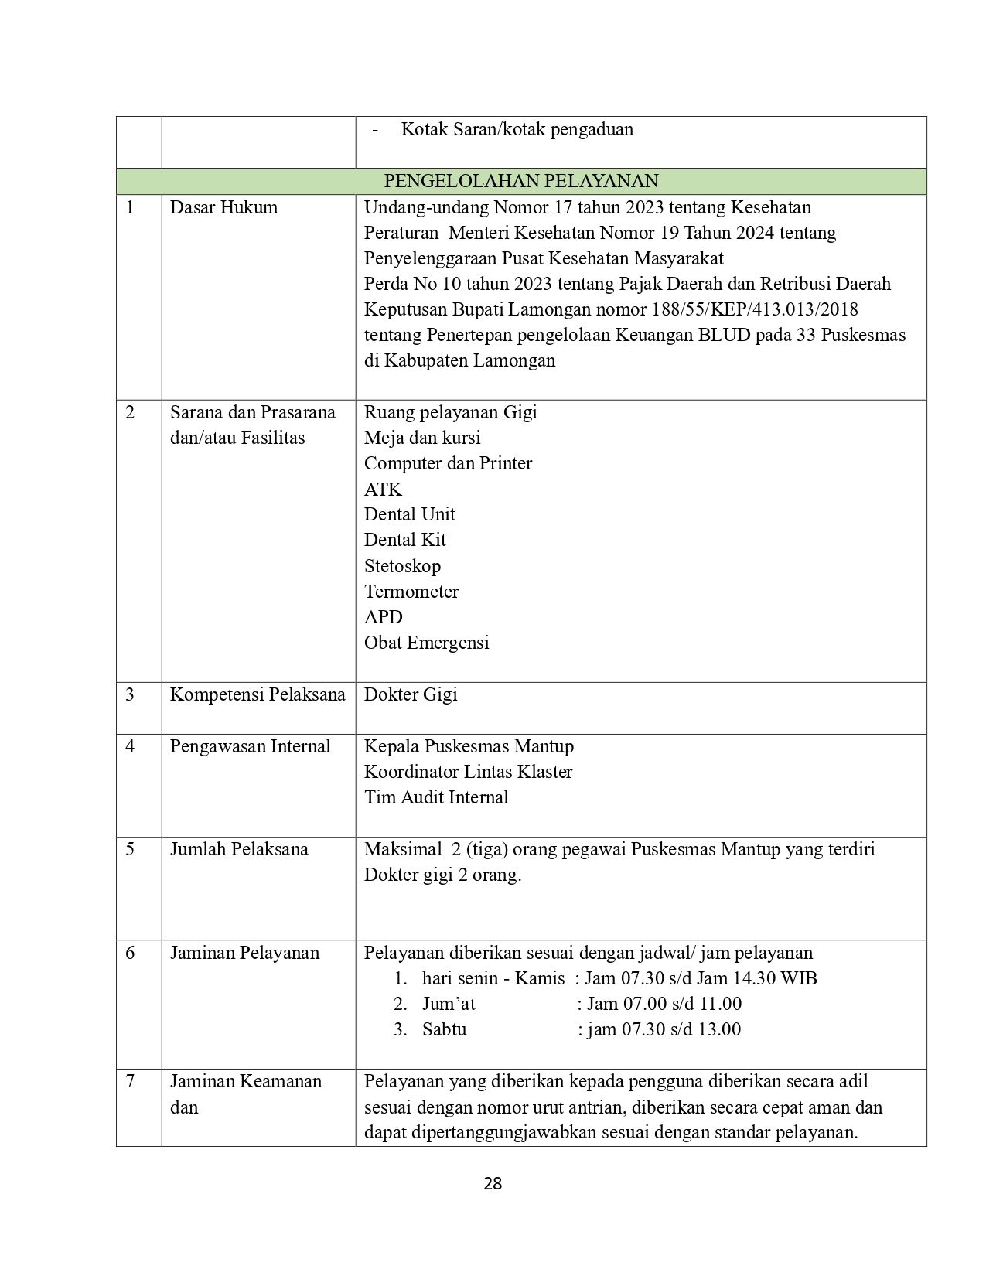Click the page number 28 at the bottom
[493, 1183]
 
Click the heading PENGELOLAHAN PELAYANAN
[521, 181]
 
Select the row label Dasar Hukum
[223, 207]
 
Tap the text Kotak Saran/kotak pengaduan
[517, 129]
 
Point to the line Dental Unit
[409, 514]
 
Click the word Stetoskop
[402, 566]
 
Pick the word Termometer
[411, 592]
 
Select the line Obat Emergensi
[426, 643]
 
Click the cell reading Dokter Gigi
[411, 694]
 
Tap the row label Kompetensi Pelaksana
[258, 694]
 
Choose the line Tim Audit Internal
[436, 797]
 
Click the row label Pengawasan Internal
[250, 746]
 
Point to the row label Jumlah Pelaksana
[239, 849]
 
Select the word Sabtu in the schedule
[444, 1029]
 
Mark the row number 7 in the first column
[130, 1081]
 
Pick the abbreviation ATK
[383, 490]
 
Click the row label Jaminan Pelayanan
[244, 953]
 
